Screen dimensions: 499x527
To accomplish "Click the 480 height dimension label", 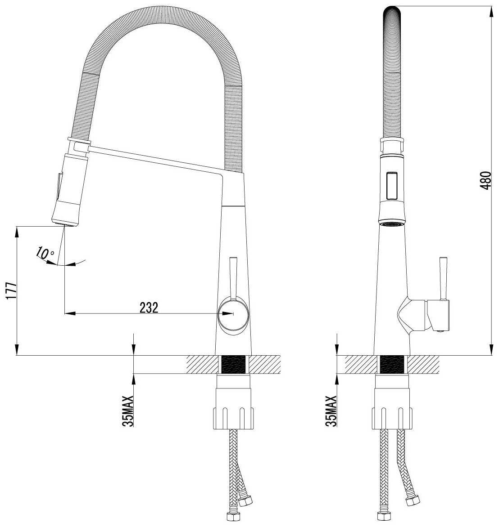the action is (486, 180).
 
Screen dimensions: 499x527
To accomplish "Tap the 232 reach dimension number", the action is (149, 308).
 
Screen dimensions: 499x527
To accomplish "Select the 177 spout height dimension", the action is (11, 291).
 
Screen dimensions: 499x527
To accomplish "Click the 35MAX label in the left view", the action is (128, 411).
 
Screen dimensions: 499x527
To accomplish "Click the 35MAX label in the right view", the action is (331, 411).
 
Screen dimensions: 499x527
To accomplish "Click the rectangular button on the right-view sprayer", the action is (392, 186).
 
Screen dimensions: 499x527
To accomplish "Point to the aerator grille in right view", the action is (392, 223).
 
